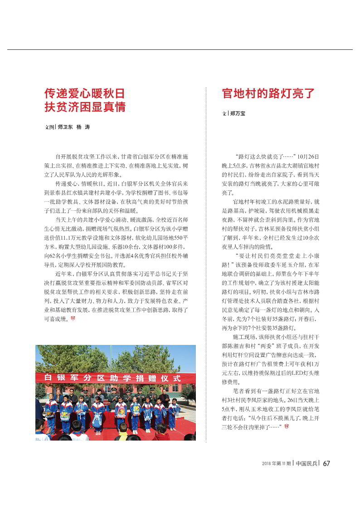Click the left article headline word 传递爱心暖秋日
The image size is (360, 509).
click(x=84, y=93)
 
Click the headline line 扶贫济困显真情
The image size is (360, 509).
click(x=84, y=107)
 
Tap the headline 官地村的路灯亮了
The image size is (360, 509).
click(x=268, y=93)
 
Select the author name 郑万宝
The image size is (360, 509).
click(x=238, y=113)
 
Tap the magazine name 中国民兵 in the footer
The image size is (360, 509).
click(x=306, y=463)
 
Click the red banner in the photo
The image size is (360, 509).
click(x=109, y=378)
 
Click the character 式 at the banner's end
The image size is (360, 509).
click(x=177, y=378)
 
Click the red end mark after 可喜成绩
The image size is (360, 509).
click(x=73, y=319)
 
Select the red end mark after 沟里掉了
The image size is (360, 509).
click(x=286, y=427)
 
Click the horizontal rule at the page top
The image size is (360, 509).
click(x=180, y=49)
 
